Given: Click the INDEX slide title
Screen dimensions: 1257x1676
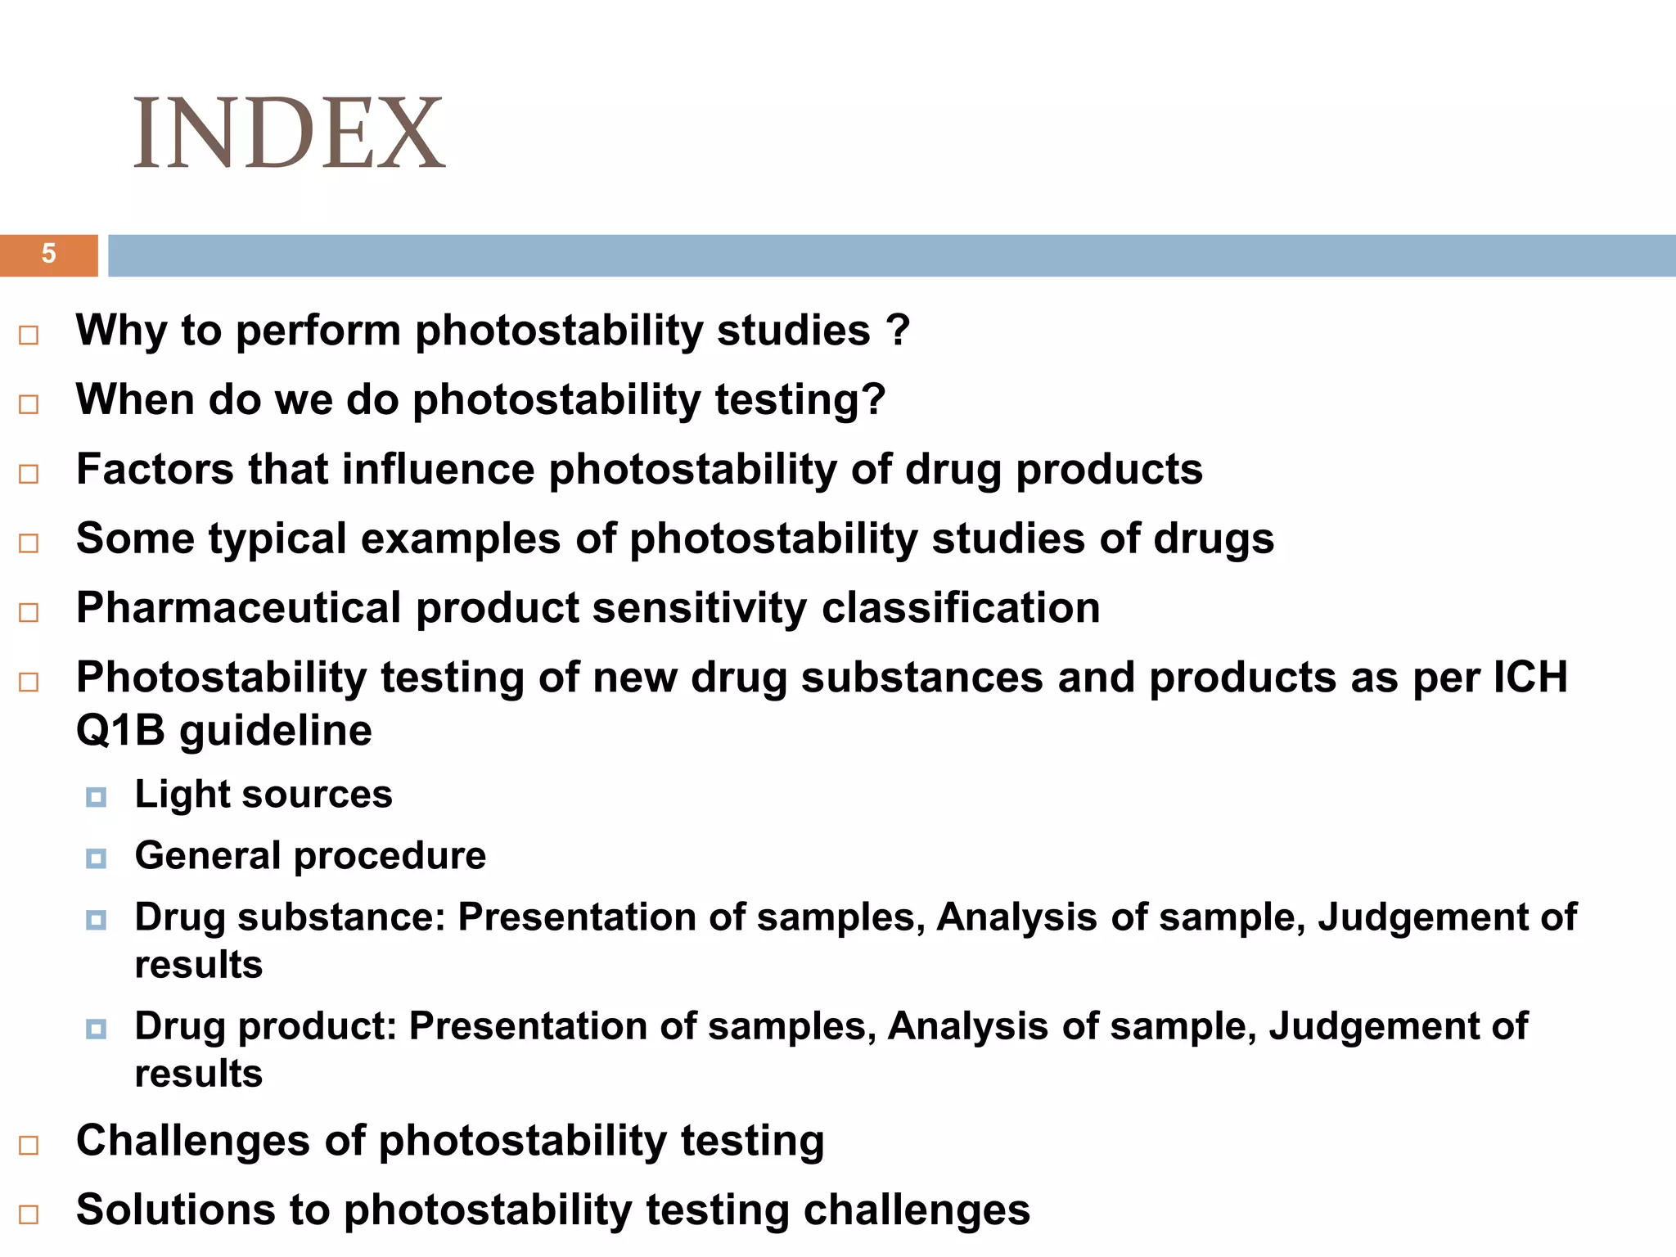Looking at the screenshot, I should pos(288,133).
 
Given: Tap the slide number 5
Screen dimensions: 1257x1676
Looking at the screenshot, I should pos(48,254).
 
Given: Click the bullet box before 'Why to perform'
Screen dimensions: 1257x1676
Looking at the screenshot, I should pos(29,335).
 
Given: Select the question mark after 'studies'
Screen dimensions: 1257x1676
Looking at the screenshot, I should pos(898,331).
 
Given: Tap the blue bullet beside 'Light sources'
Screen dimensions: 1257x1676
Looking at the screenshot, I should pos(96,797).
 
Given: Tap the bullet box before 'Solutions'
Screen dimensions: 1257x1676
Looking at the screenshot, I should pos(29,1214).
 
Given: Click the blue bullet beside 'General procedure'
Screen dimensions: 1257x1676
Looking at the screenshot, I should pos(96,858).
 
